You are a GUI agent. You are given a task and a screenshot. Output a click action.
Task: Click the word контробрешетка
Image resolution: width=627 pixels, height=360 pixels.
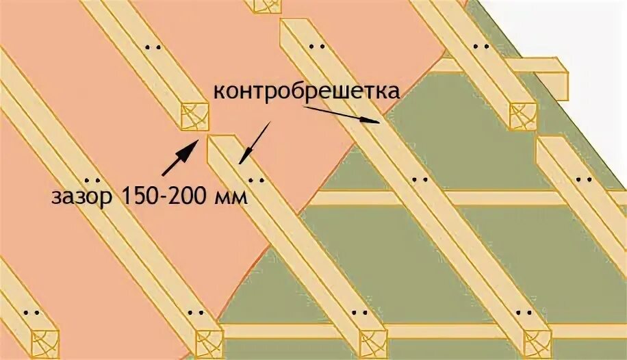coord(307,91)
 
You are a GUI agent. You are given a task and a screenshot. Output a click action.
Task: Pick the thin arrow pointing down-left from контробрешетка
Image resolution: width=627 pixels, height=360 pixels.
coord(255,144)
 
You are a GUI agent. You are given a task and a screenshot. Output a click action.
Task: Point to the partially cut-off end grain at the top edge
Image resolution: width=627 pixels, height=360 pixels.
coord(266,5)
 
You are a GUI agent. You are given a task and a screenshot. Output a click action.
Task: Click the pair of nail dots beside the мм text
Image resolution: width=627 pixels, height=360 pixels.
coord(257,181)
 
